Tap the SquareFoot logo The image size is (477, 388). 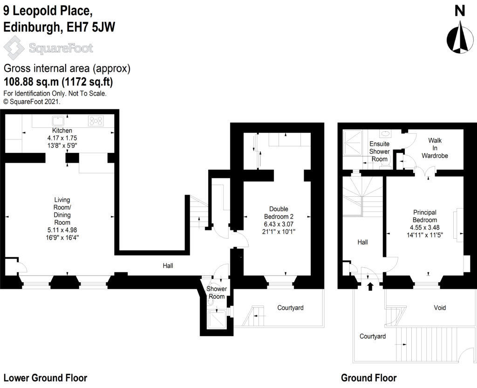[48, 48]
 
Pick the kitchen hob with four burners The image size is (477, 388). [95, 120]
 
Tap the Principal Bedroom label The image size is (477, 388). [424, 216]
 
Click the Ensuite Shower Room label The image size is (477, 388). [379, 152]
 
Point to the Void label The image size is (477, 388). [439, 308]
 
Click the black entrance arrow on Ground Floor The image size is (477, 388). [370, 286]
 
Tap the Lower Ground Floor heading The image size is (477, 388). [45, 378]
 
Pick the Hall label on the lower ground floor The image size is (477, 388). [168, 266]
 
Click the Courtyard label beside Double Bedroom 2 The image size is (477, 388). [290, 308]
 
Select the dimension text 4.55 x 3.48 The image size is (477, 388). [424, 228]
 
